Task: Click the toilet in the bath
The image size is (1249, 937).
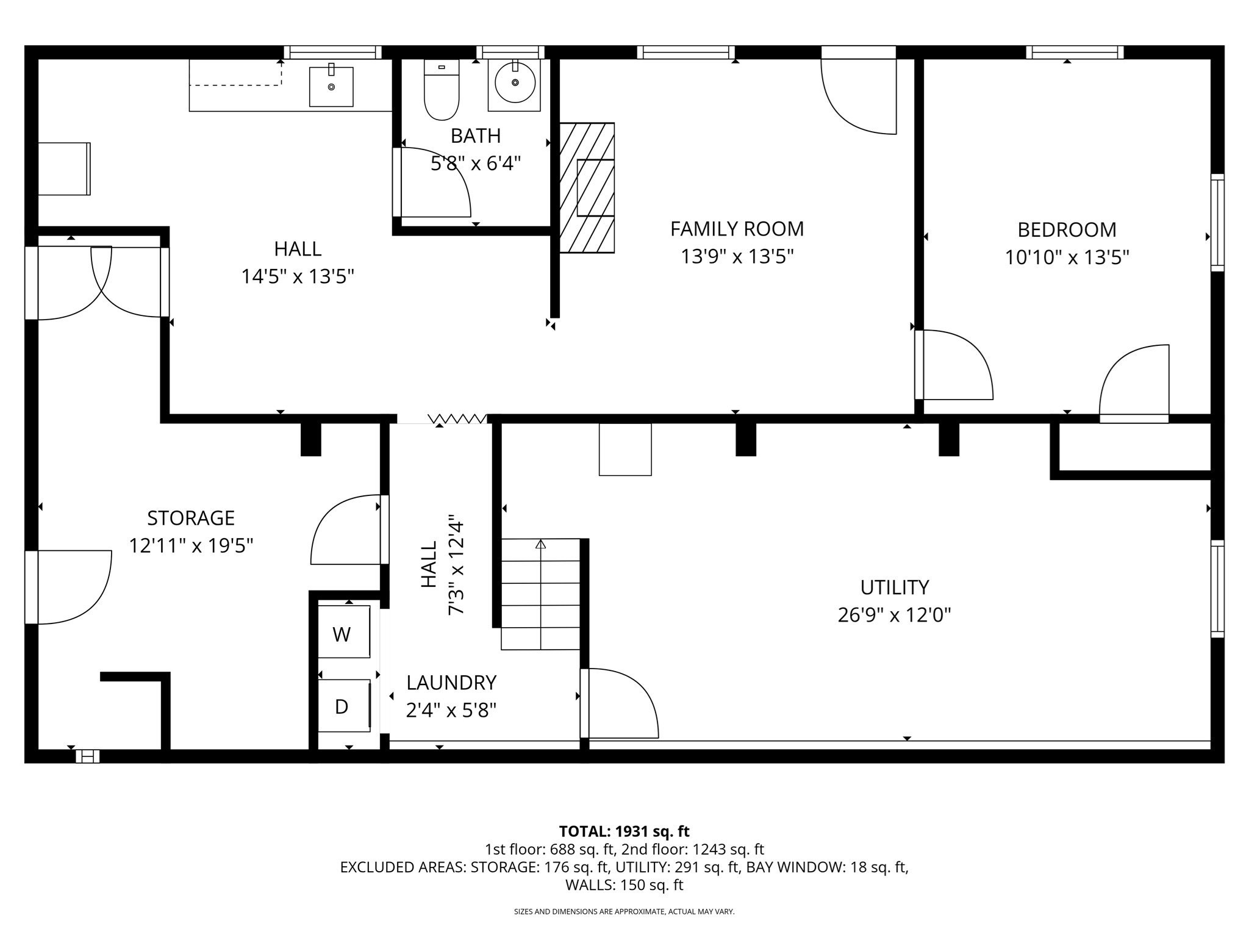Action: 441,92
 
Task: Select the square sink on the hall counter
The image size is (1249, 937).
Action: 331,87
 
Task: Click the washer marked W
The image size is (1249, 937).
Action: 343,633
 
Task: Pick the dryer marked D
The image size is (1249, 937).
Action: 343,706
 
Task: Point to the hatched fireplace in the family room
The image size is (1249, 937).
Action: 587,188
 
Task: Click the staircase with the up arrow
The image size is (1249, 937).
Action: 540,595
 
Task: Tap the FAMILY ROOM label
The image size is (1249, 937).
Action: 737,229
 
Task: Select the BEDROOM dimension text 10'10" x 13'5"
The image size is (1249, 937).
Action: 1067,257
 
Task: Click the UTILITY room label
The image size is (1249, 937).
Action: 894,587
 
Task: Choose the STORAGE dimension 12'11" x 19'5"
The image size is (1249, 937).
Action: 191,545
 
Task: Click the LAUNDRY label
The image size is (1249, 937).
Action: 451,683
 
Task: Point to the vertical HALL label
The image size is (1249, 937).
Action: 429,564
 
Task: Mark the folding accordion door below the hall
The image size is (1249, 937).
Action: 457,418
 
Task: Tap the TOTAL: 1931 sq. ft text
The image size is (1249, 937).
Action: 624,831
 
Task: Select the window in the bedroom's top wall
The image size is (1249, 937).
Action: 1075,52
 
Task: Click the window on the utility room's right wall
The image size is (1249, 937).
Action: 1217,589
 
